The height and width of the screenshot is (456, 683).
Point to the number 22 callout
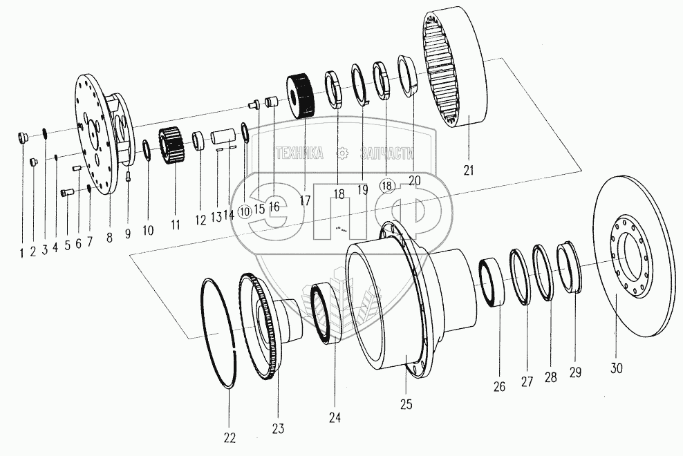tap(230, 437)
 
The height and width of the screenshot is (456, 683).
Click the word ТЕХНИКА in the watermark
tap(299, 153)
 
